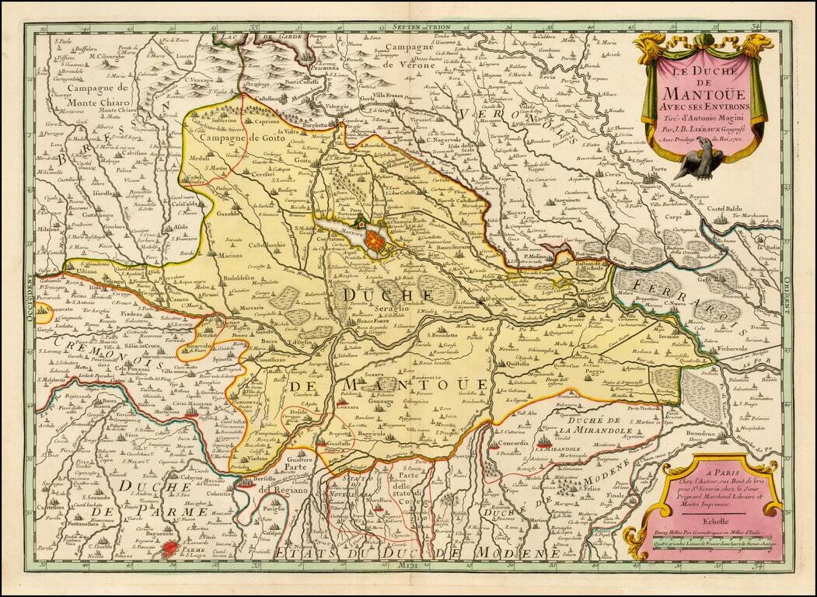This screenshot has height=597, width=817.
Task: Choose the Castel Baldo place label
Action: point(726,208)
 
